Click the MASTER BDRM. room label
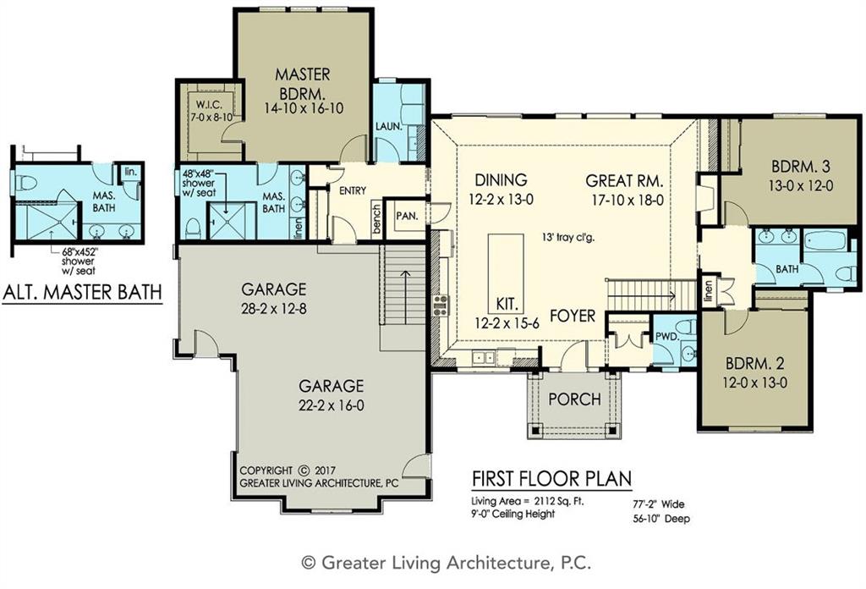click(x=303, y=82)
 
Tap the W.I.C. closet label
click(x=208, y=104)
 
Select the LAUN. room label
click(x=389, y=127)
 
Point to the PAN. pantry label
click(x=407, y=216)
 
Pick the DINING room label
click(x=501, y=179)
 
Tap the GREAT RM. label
click(x=624, y=181)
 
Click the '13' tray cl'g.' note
click(x=567, y=238)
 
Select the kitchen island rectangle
click(x=506, y=273)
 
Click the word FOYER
click(x=573, y=316)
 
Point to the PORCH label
click(x=574, y=399)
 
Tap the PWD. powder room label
click(x=666, y=337)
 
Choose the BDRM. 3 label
click(x=800, y=167)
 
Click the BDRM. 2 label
click(x=755, y=363)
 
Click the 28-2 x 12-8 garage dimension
click(x=274, y=308)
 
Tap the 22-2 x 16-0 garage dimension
click(x=332, y=405)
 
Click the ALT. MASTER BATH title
click(x=82, y=292)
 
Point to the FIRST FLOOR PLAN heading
click(x=551, y=478)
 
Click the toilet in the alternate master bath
click(x=26, y=182)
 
